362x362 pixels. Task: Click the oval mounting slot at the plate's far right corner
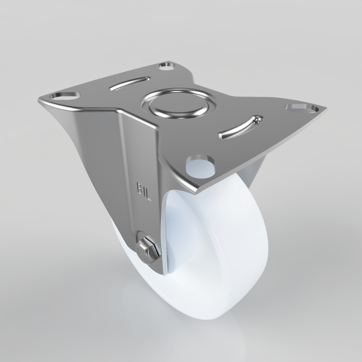tap(302, 108)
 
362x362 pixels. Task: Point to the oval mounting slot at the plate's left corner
tap(65, 96)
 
